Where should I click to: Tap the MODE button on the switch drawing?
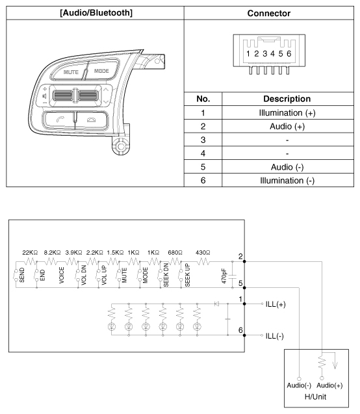pyautogui.click(x=102, y=70)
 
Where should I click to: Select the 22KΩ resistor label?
pyautogui.click(x=30, y=253)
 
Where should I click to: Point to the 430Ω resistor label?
pyautogui.click(x=203, y=253)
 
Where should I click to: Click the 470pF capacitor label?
pyautogui.click(x=224, y=276)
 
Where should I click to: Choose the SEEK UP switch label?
pyautogui.click(x=187, y=275)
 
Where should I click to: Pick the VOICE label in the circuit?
pyautogui.click(x=62, y=275)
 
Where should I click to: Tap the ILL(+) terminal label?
pyautogui.click(x=276, y=304)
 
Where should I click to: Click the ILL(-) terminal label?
pyautogui.click(x=274, y=336)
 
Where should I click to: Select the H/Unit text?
pyautogui.click(x=315, y=396)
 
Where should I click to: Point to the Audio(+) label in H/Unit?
pyautogui.click(x=329, y=385)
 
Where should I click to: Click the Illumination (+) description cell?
pyautogui.click(x=287, y=113)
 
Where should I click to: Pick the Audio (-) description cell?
pyautogui.click(x=287, y=167)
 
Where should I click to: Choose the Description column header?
pyautogui.click(x=287, y=99)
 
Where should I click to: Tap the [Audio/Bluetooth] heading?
pyautogui.click(x=96, y=13)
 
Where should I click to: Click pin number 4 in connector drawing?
pyautogui.click(x=272, y=53)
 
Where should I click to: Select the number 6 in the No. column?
pyautogui.click(x=203, y=180)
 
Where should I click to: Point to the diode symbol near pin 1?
pyautogui.click(x=216, y=304)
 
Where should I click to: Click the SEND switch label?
pyautogui.click(x=22, y=275)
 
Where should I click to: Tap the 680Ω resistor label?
pyautogui.click(x=175, y=253)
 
